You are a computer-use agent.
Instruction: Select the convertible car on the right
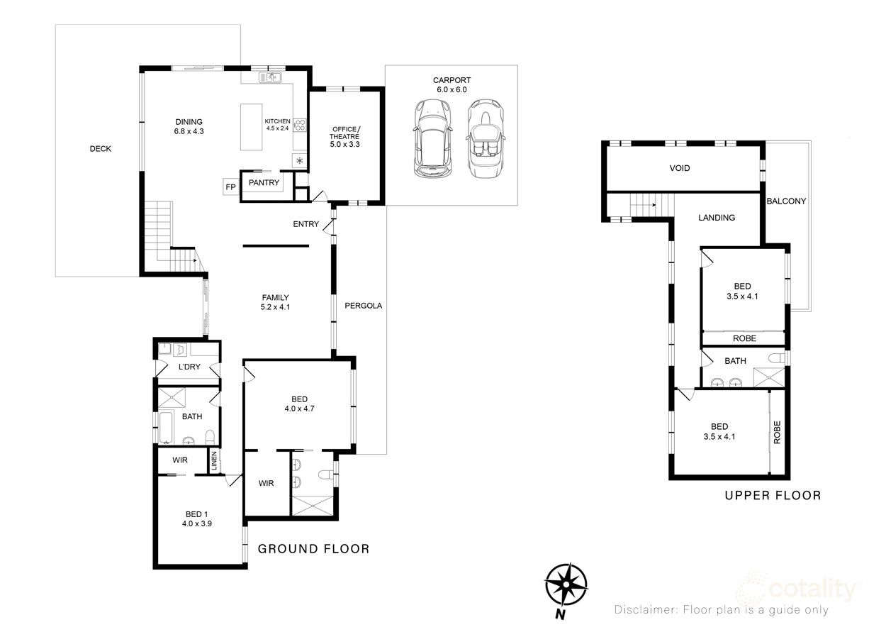click(x=486, y=138)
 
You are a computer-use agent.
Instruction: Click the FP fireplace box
click(x=230, y=187)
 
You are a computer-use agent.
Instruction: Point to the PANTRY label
click(x=264, y=183)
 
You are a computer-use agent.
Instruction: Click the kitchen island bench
click(x=251, y=127)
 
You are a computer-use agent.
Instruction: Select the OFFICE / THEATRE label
click(x=345, y=136)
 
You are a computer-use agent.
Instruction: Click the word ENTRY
click(x=305, y=225)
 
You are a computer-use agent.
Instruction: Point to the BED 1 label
click(x=197, y=514)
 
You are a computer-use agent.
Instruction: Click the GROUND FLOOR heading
click(x=313, y=548)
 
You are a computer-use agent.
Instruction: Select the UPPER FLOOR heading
click(x=773, y=495)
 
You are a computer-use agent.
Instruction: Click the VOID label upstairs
click(x=679, y=168)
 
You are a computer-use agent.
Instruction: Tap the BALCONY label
click(x=786, y=201)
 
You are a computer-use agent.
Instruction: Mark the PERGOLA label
click(x=363, y=306)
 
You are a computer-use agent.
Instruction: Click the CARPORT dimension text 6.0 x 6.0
click(x=452, y=90)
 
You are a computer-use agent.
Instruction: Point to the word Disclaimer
click(x=646, y=610)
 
